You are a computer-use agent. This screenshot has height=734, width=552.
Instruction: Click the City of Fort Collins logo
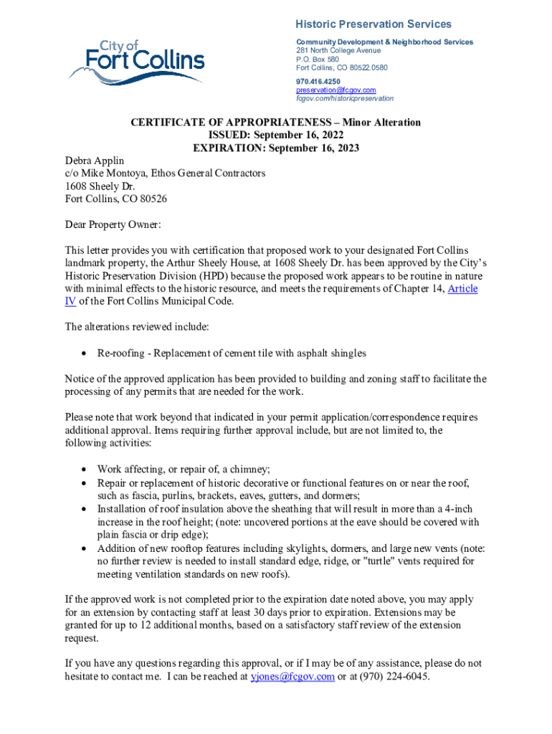coord(136,62)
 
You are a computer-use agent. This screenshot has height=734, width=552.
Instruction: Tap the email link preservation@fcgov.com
coord(336,90)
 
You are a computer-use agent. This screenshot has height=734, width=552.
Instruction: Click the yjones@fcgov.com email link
coord(292,676)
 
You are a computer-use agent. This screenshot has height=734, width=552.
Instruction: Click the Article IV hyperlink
coord(462,289)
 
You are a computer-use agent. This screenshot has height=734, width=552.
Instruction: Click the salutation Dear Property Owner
coord(113,224)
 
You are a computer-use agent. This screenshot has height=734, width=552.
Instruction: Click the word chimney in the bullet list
coord(247,470)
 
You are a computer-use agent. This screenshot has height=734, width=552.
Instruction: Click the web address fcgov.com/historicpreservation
coord(345,98)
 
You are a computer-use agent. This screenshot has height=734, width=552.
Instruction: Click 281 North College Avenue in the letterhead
coord(338,51)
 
